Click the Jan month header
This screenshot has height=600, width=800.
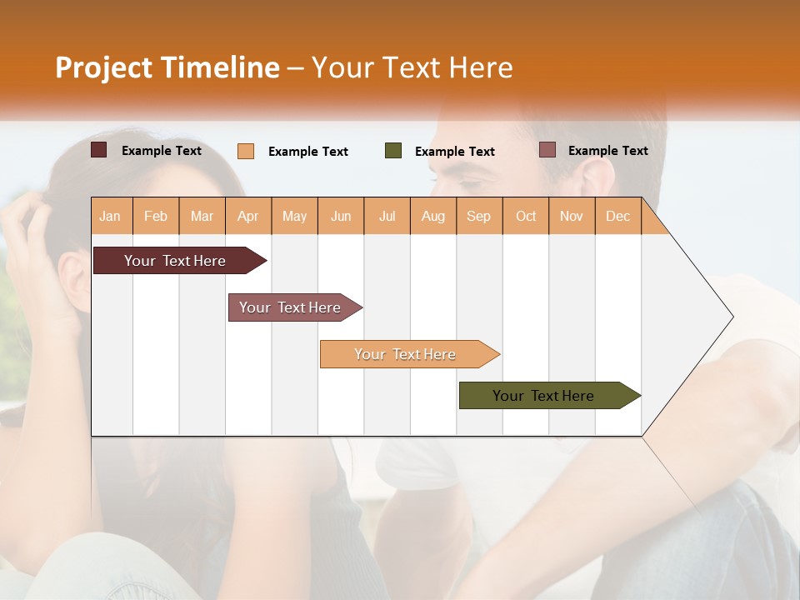tap(110, 216)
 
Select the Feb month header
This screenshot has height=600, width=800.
tap(156, 216)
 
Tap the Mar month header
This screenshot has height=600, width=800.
tap(202, 216)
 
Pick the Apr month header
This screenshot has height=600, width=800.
tap(248, 216)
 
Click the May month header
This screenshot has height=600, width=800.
tap(294, 216)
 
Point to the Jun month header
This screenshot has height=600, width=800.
tap(341, 216)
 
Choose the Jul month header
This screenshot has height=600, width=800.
tap(387, 216)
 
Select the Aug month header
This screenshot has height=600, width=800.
tap(433, 216)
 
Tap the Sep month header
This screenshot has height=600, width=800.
tap(479, 216)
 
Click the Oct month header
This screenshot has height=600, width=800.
tap(526, 216)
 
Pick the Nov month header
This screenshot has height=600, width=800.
tap(572, 216)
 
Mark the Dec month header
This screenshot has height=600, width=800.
tap(618, 216)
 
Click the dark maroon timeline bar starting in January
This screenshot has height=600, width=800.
tap(175, 261)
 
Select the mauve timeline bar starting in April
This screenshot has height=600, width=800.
tap(290, 307)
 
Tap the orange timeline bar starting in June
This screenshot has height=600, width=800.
tap(405, 354)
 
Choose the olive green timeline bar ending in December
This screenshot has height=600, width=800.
tap(543, 396)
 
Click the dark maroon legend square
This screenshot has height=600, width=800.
tap(99, 150)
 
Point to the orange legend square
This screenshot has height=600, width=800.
tap(246, 151)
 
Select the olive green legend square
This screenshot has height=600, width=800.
tap(393, 150)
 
